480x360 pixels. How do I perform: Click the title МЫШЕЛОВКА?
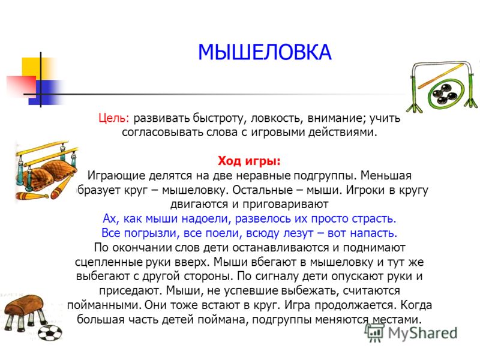(265, 52)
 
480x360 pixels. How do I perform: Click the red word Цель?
(114, 118)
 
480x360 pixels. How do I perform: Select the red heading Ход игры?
(249, 161)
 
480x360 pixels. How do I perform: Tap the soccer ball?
(49, 333)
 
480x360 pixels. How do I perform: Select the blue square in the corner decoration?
(46, 92)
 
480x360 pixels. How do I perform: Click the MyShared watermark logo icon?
(374, 332)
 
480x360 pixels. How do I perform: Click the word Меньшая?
(386, 176)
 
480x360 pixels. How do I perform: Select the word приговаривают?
(286, 205)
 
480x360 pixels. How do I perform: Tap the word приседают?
(130, 291)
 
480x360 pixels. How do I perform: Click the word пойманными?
(104, 305)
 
